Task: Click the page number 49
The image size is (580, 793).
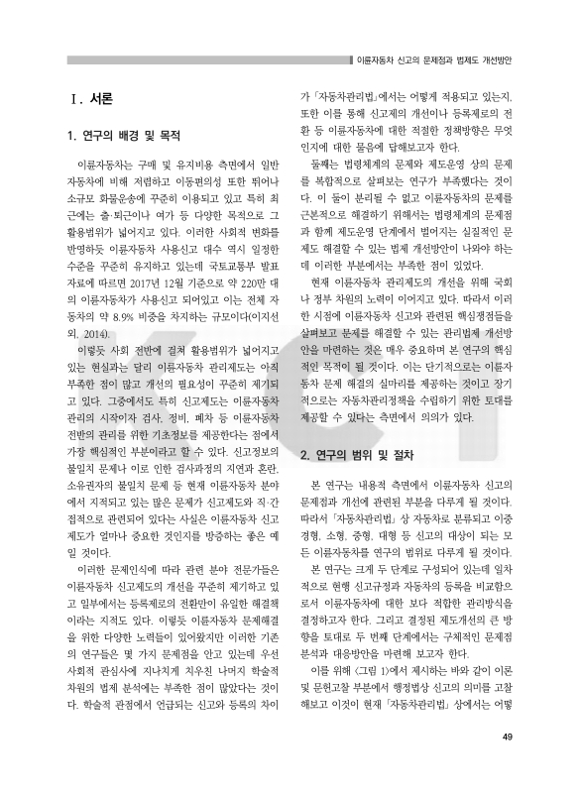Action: pyautogui.click(x=507, y=763)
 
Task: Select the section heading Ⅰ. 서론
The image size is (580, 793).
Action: pyautogui.click(x=90, y=99)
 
